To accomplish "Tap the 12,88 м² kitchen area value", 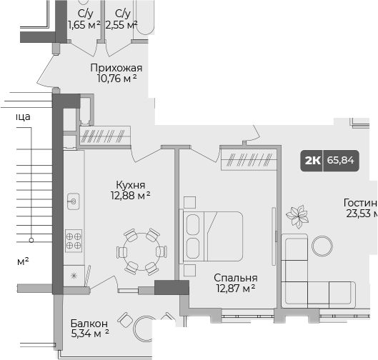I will (129, 194).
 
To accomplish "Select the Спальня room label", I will (235, 278).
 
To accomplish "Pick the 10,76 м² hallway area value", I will (116, 80).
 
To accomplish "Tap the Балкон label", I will (89, 324).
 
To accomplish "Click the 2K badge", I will (312, 160).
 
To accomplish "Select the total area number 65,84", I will (340, 160).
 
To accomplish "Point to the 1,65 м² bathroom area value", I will (84, 25).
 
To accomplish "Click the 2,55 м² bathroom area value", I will (121, 25).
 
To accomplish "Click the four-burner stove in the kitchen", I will (73, 239).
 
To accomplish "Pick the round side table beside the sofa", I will (322, 246).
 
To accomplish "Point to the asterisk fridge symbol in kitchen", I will (72, 276).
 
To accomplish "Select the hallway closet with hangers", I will (104, 136).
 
